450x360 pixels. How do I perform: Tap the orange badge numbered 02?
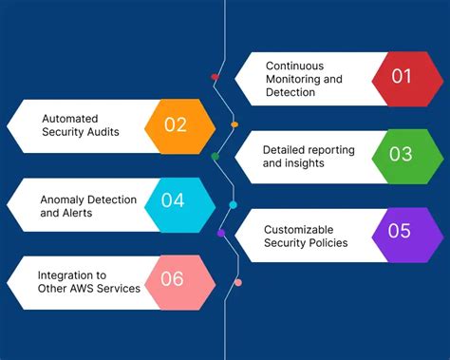[x=176, y=125]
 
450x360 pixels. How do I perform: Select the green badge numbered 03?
[x=402, y=156]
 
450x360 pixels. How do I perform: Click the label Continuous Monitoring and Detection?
[x=303, y=79]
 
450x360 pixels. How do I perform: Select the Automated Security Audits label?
[x=80, y=125]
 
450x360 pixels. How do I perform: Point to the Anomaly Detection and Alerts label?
[x=88, y=206]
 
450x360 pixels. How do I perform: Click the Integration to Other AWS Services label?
[x=88, y=281]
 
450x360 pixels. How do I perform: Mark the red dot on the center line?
[x=216, y=76]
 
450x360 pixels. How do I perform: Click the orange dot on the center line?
[x=234, y=124]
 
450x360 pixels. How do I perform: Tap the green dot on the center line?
[x=215, y=156]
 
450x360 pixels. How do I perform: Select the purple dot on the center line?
[x=221, y=233]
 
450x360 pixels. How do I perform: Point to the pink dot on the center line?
[x=237, y=281]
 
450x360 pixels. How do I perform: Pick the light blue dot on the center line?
[x=234, y=204]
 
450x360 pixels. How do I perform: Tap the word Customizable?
[x=299, y=229]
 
